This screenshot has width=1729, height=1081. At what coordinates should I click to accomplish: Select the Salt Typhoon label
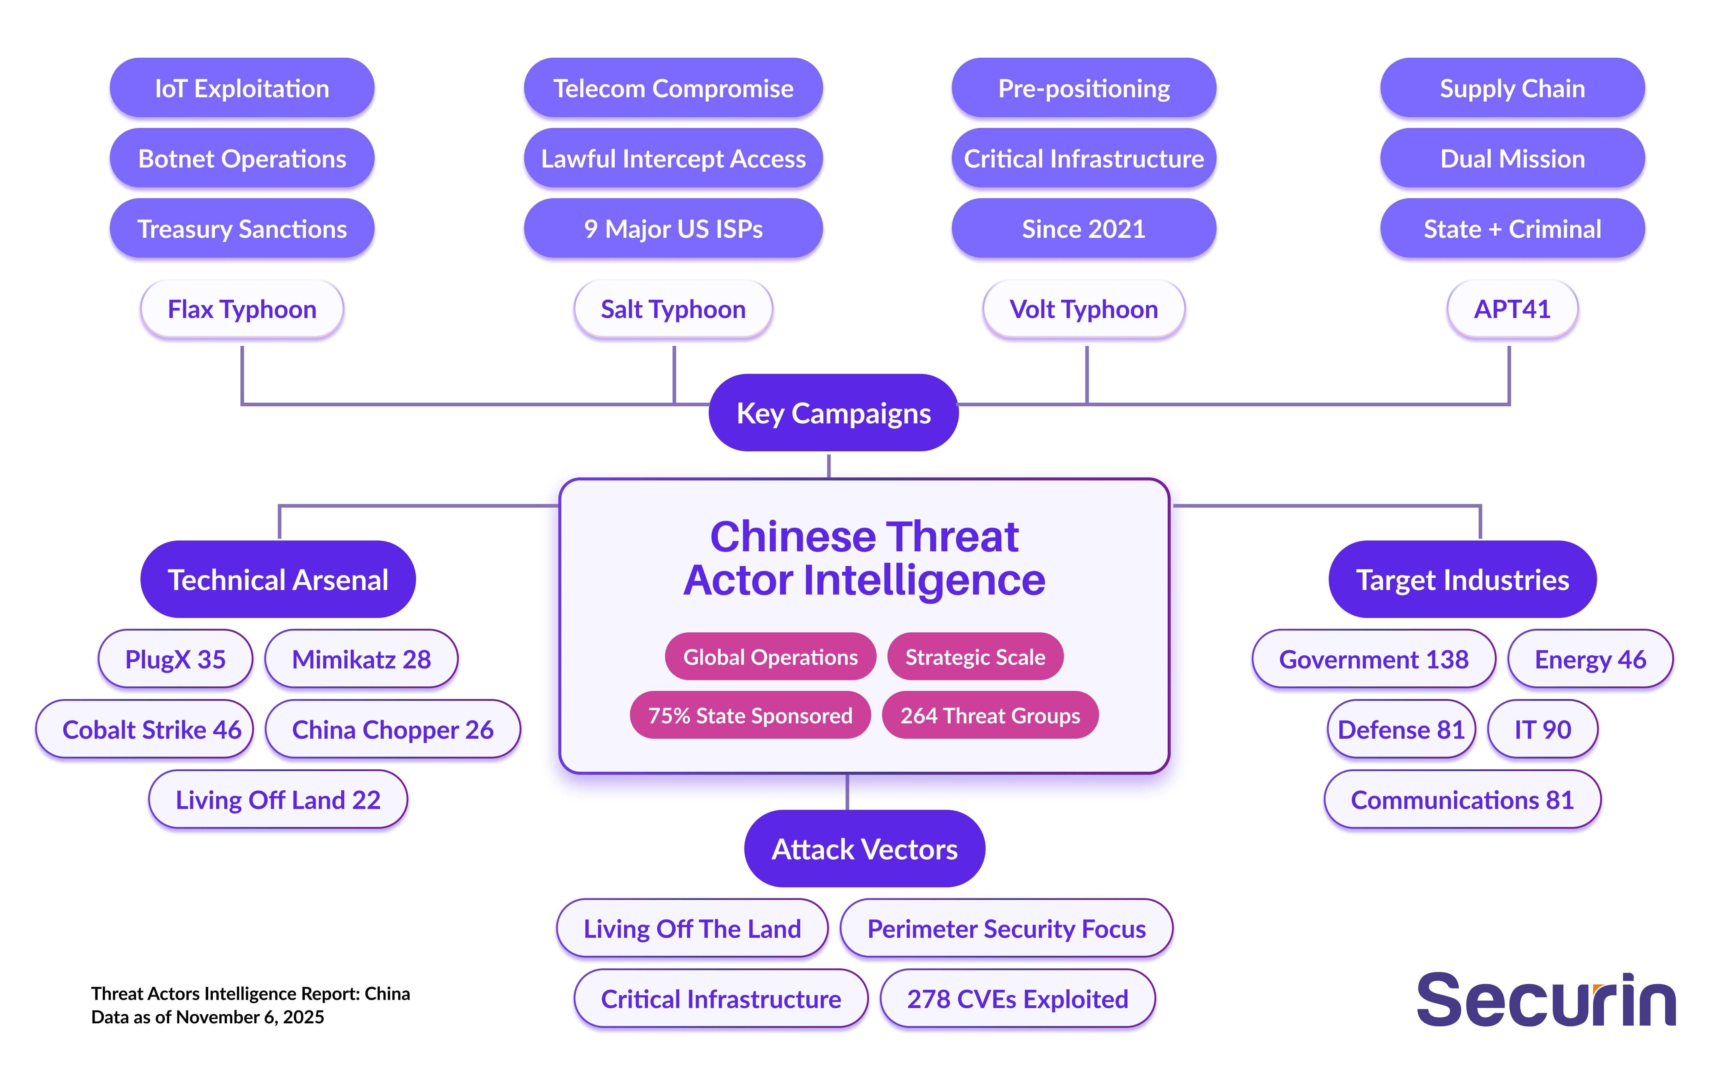coord(673,310)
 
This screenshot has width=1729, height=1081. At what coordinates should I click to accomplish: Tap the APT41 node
coord(1512,310)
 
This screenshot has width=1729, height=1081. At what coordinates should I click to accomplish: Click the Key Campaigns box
coord(833,413)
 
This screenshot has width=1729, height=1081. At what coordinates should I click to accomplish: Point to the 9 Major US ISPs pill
coord(673,229)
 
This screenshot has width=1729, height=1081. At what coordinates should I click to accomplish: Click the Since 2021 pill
coord(1083,229)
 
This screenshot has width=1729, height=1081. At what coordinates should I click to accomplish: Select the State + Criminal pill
coord(1512,229)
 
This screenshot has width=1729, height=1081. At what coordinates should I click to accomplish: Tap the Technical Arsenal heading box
coord(278,580)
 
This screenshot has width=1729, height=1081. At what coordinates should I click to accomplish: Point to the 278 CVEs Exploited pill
coord(1017,999)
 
